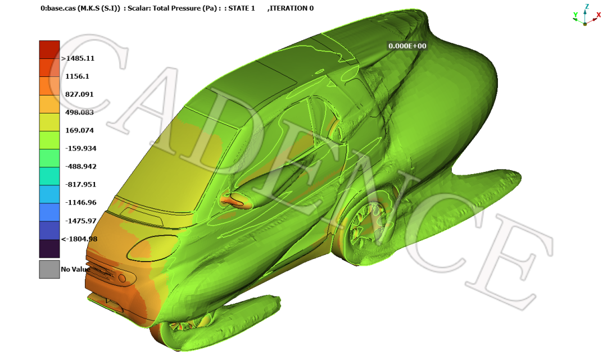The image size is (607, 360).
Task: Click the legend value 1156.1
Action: coord(77,76)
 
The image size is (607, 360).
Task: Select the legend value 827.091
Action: coord(79,94)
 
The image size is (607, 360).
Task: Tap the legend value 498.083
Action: coord(79,112)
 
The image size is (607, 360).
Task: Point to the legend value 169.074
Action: coord(79,130)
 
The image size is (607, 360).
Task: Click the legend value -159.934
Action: coord(81,148)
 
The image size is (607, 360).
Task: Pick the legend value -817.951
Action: coord(81,184)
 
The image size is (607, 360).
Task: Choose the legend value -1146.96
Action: coord(81,203)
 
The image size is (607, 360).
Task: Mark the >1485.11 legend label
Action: coord(78,58)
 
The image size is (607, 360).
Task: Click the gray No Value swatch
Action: coord(49,269)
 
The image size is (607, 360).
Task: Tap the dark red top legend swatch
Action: coord(49,49)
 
